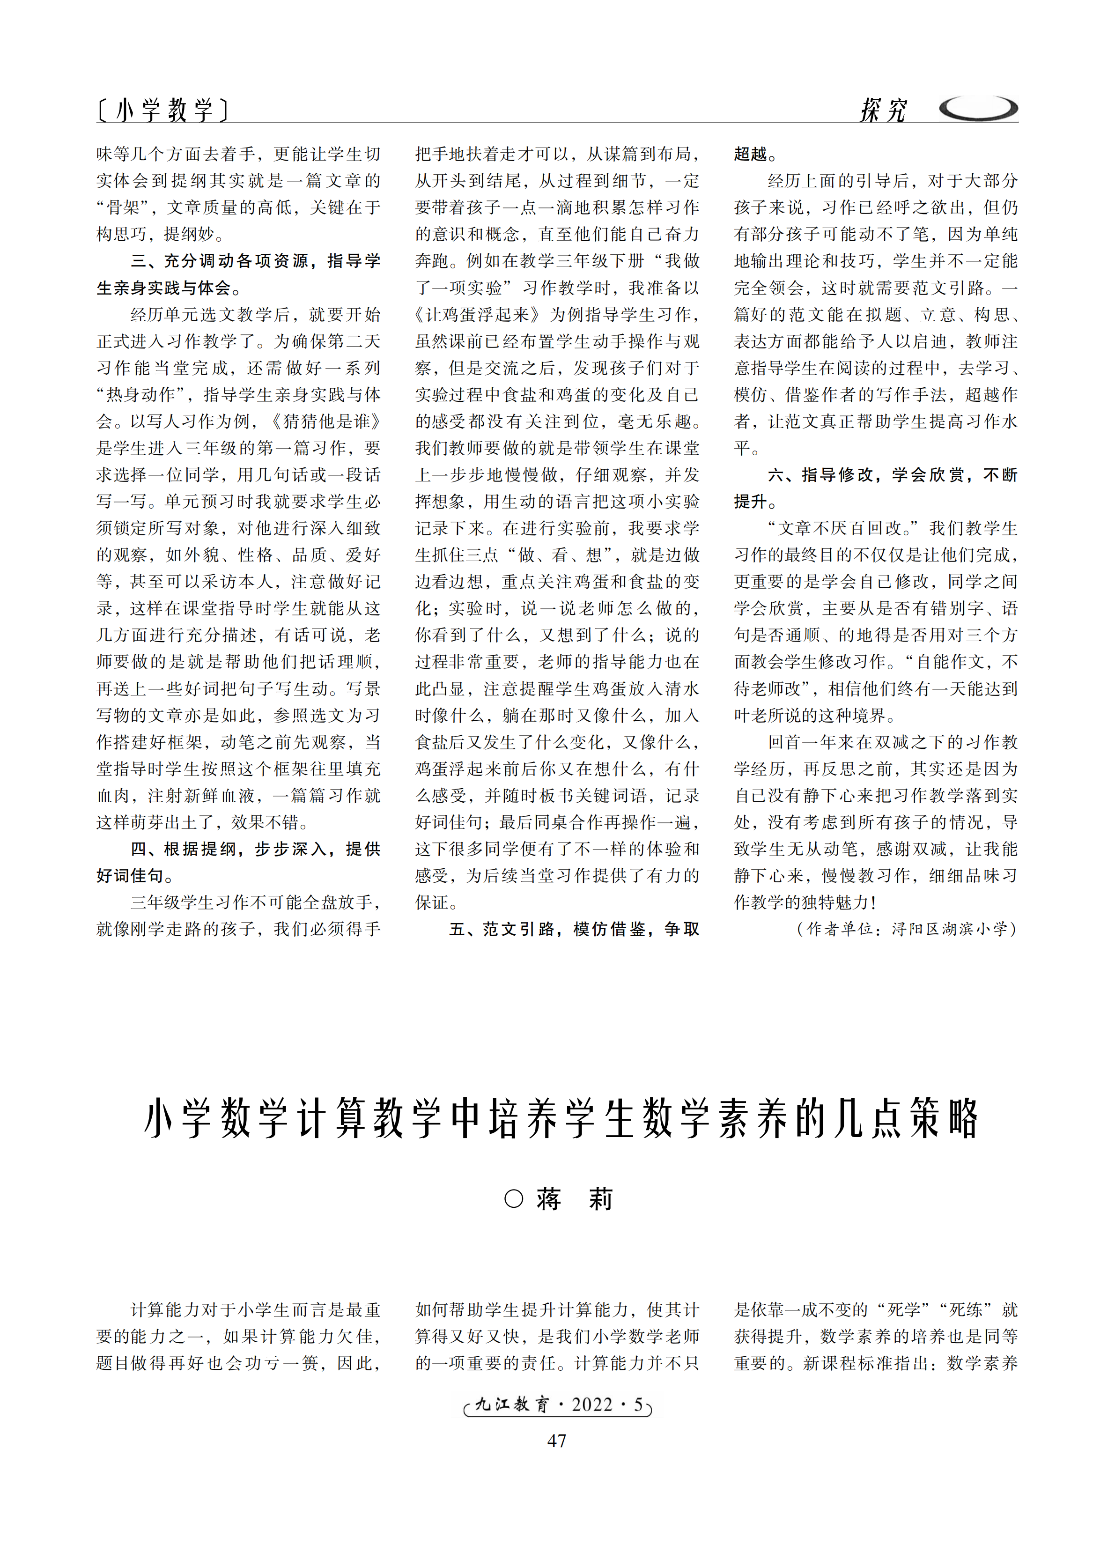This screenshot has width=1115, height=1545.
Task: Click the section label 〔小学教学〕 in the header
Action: point(162,109)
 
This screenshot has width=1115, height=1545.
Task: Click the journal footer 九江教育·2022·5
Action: point(558,1404)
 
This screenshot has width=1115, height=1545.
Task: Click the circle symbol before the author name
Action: point(514,1198)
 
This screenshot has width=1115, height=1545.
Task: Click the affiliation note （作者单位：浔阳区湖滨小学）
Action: point(906,929)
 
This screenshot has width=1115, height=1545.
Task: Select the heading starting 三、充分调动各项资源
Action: point(255,261)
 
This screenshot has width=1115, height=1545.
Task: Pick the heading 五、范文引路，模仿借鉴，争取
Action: point(574,929)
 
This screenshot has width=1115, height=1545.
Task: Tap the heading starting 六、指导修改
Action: point(892,475)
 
